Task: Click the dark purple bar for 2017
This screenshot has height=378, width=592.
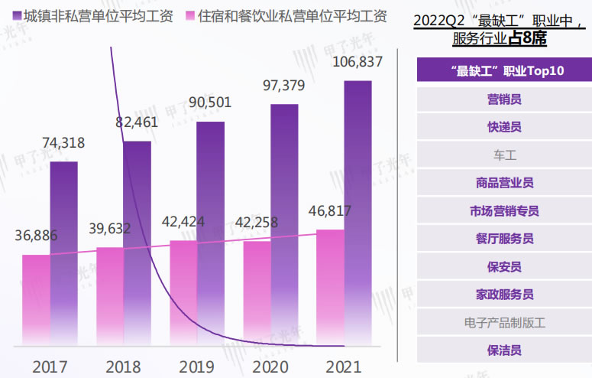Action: pos(63,253)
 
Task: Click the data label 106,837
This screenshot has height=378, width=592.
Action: pos(357,61)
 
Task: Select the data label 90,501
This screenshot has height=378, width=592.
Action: pos(210,103)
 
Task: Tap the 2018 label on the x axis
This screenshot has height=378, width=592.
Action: pos(123,366)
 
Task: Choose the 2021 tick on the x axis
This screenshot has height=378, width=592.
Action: pos(344,366)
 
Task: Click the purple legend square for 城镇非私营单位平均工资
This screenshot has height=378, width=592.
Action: pos(16,17)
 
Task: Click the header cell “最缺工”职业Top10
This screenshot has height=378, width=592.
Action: pos(504,71)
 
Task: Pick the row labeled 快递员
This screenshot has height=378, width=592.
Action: pos(504,127)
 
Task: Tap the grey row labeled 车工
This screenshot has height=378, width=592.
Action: pos(504,155)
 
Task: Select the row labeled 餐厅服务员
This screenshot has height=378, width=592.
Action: pos(504,239)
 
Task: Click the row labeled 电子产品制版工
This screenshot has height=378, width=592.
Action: pos(504,322)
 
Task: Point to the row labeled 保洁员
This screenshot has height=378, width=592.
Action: pos(504,350)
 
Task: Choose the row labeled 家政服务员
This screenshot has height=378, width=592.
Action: pos(504,295)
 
